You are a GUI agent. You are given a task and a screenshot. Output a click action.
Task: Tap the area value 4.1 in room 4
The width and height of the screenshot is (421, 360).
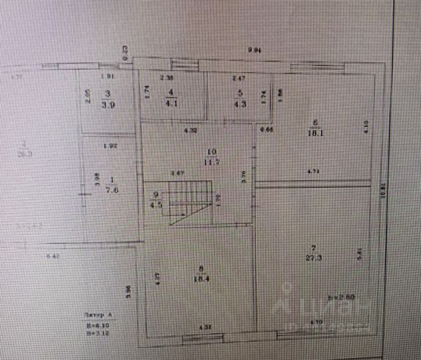(171, 103)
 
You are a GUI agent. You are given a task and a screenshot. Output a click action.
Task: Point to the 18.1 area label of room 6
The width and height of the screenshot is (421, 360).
(316, 132)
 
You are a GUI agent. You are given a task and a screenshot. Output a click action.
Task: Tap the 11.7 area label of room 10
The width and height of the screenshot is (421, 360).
(212, 161)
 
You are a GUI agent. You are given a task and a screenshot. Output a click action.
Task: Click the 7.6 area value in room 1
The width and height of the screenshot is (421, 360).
(111, 189)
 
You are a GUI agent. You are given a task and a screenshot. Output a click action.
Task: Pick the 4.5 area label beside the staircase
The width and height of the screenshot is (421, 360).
(157, 205)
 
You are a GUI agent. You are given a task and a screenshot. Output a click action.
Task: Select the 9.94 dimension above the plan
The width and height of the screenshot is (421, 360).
(254, 50)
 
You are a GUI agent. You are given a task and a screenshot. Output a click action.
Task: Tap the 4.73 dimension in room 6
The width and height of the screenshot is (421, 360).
(314, 172)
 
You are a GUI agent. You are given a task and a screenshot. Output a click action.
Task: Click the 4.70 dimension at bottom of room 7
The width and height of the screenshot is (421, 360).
(318, 323)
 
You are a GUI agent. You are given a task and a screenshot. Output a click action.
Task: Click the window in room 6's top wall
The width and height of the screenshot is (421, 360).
(309, 65)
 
